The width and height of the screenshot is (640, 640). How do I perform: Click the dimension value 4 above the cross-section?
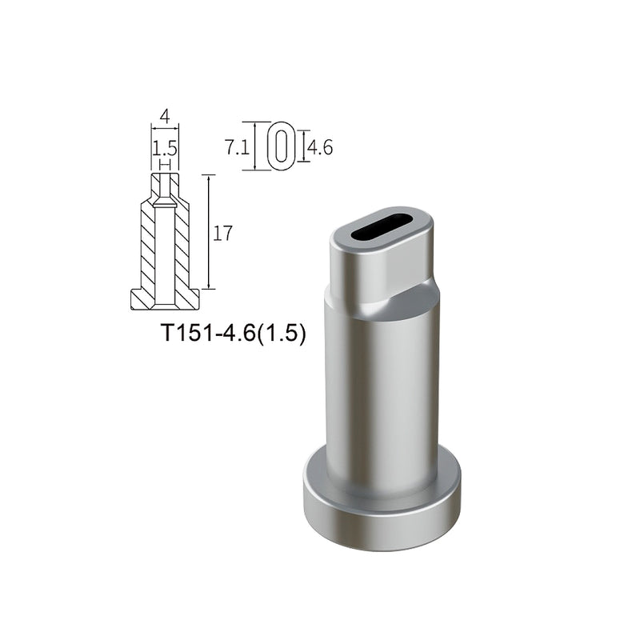[165, 115]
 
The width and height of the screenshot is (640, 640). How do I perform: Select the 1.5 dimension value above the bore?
[165, 148]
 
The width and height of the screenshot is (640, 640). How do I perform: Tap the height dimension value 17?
[223, 234]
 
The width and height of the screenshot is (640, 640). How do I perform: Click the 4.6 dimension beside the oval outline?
[320, 147]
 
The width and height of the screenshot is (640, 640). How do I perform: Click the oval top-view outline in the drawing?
[281, 146]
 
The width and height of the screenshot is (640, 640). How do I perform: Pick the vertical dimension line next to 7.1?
[254, 146]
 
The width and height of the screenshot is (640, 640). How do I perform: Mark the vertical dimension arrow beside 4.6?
[304, 146]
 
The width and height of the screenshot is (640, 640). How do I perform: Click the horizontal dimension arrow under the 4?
[165, 126]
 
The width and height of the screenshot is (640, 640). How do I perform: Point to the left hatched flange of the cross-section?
[141, 299]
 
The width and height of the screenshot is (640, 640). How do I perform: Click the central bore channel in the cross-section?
[165, 248]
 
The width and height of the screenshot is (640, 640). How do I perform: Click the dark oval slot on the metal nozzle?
[382, 226]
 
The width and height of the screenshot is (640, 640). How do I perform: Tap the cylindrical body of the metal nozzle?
[382, 384]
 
